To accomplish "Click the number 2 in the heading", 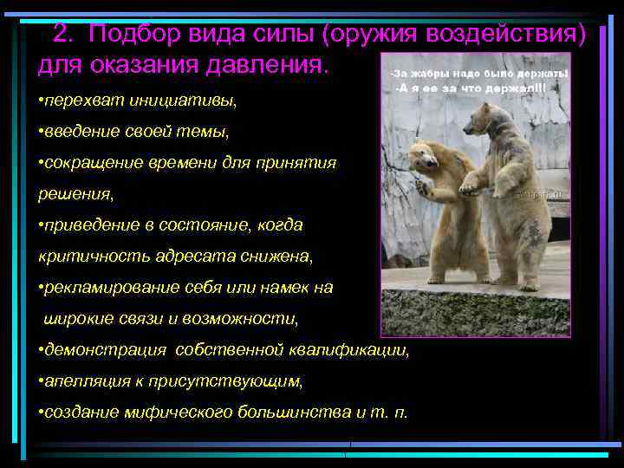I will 60,35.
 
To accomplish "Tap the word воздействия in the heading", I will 503,35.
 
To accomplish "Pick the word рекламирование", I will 105,287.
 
